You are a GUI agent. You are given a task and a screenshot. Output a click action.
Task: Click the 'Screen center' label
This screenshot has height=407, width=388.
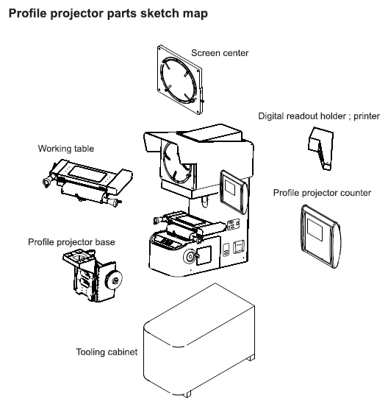coord(220,53)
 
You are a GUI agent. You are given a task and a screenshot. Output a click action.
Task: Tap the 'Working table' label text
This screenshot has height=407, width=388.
coord(66,149)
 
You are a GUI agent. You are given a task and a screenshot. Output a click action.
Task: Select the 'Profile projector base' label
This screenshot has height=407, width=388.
coord(71,242)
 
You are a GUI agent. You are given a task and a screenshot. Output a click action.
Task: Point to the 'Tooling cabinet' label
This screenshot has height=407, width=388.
coord(107,352)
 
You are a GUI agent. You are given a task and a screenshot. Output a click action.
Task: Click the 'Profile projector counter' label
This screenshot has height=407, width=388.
coord(322,193)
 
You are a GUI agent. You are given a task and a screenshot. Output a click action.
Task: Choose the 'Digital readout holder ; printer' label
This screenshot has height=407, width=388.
coord(319,116)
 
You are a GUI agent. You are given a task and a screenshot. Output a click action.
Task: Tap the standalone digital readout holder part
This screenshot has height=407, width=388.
coord(321,148)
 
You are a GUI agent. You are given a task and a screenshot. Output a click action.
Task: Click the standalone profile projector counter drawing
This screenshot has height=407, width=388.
coord(321,236)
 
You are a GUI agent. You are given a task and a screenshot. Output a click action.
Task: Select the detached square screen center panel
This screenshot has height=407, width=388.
coord(179,79)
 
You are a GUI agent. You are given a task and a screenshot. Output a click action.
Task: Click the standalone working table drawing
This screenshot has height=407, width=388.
coord(87,182)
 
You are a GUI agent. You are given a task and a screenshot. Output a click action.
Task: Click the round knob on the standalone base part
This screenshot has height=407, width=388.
coord(114,280)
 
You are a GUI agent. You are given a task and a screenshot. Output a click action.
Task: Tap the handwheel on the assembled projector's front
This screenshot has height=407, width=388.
coord(190,257)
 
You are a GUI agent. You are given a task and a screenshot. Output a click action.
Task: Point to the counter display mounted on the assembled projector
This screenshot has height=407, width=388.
coord(234,192)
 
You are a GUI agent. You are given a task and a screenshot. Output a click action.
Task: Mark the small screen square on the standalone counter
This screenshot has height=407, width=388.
coord(315,230)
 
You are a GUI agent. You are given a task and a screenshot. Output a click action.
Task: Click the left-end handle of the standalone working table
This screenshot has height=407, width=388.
coord(48,180)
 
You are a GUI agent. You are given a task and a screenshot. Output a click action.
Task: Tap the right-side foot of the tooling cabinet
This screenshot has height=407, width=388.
coord(251,358)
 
